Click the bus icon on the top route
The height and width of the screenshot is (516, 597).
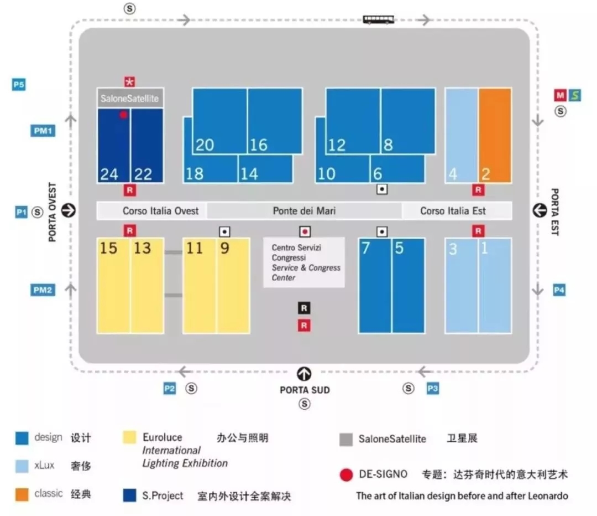[x=379, y=20]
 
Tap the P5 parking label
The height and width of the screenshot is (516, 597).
[x=19, y=85]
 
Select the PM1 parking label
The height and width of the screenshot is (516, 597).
[x=43, y=131]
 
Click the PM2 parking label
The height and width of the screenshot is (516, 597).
[x=43, y=290]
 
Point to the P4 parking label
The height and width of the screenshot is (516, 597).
[x=559, y=290]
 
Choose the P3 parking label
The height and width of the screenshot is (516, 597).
[x=433, y=389]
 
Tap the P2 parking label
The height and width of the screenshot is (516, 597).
[x=170, y=389]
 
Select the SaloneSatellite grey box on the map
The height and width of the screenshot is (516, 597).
[x=130, y=98]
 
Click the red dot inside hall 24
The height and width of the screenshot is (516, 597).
[x=123, y=115]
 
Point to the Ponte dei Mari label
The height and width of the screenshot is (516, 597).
[x=304, y=211]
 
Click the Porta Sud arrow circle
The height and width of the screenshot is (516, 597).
[x=304, y=374]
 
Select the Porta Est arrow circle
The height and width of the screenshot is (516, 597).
[x=540, y=210]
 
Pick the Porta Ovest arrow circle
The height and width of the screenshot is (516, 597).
[x=69, y=210]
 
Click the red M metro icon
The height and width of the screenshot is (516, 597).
[x=560, y=95]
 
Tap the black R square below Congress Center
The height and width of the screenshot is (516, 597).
[x=303, y=308]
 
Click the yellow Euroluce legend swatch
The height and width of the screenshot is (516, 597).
[x=129, y=437]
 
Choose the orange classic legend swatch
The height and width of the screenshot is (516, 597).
[x=22, y=494]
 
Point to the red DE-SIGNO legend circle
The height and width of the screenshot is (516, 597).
[x=347, y=474]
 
